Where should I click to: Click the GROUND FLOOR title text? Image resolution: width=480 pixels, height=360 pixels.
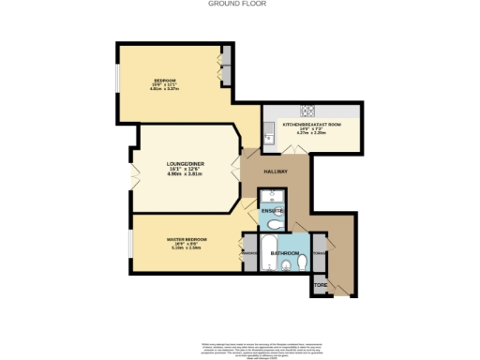(x=239, y=5)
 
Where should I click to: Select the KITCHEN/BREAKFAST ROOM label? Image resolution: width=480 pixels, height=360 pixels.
(x=311, y=125)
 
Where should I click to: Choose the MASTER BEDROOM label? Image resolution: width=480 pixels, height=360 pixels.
(x=179, y=240)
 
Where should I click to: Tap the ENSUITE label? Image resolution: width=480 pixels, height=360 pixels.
(x=272, y=212)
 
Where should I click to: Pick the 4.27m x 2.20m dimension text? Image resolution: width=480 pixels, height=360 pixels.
(x=311, y=134)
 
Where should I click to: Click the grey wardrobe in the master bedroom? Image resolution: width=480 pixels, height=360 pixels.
(x=249, y=252)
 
